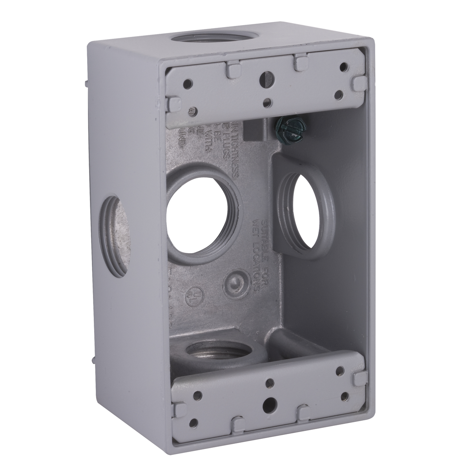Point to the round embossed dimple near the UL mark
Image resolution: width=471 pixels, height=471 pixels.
tap(235, 281)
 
